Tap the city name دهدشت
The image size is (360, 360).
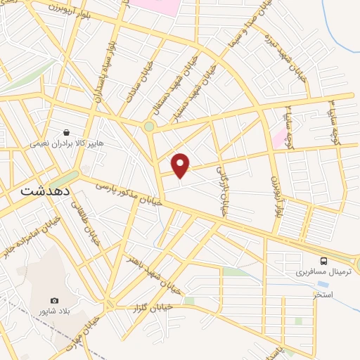click(x=41, y=190)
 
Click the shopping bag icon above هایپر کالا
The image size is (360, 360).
click(x=66, y=131)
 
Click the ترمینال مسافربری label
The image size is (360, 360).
click(x=316, y=271)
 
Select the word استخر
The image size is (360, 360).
click(x=323, y=294)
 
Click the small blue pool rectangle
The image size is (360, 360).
click(x=323, y=284)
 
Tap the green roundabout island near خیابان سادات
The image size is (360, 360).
click(x=149, y=127)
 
